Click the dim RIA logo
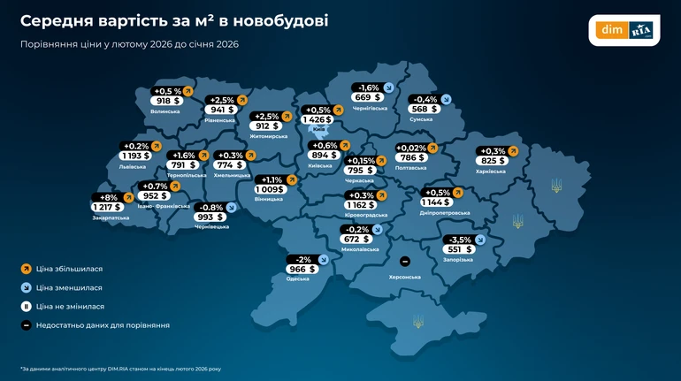[x=624, y=30]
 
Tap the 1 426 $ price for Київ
[x=316, y=119]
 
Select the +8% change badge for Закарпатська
[x=110, y=196]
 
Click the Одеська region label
[x=298, y=278]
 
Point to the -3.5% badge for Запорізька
[x=460, y=240]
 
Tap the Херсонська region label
[x=404, y=277]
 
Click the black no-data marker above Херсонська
[x=404, y=262]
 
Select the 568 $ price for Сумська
[x=424, y=110]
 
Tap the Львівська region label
[x=132, y=166]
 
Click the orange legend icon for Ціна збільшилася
[x=27, y=268]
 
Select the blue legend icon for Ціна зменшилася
[x=27, y=287]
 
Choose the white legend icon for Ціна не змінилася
[x=27, y=306]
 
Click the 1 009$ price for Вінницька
[x=270, y=189]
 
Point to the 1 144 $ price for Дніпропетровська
[x=439, y=202]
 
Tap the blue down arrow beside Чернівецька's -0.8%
[x=232, y=207]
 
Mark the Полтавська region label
[x=410, y=167]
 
